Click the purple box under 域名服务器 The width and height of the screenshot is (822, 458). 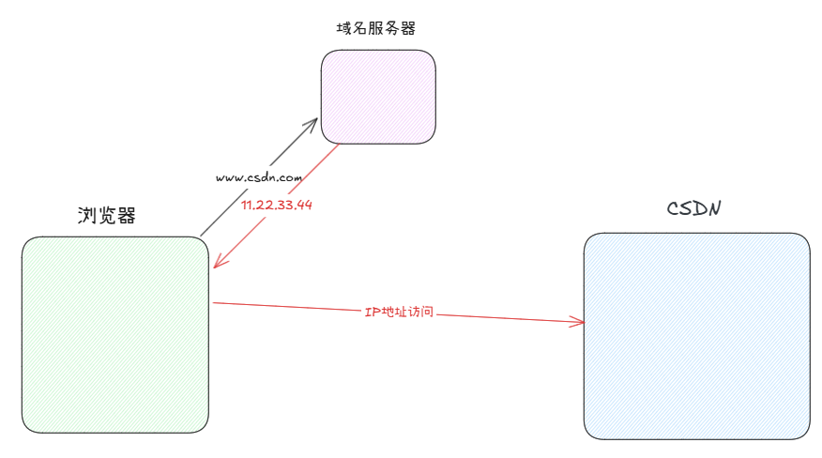pyautogui.click(x=378, y=97)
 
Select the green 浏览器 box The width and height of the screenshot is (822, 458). pyautogui.click(x=114, y=334)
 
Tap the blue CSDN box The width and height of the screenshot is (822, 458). pyautogui.click(x=696, y=335)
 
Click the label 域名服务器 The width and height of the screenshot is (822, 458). pyautogui.click(x=375, y=28)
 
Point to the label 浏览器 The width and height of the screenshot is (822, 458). pyautogui.click(x=106, y=216)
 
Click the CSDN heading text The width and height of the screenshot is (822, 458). pyautogui.click(x=693, y=207)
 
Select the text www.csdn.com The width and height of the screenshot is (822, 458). pyautogui.click(x=258, y=176)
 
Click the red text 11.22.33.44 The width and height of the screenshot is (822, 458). pyautogui.click(x=277, y=205)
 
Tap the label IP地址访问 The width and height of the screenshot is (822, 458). pyautogui.click(x=399, y=311)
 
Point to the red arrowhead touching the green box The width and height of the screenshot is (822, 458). pyautogui.click(x=217, y=264)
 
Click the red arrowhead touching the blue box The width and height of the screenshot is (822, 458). pyautogui.click(x=578, y=322)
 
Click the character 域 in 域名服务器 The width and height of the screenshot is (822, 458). pyautogui.click(x=343, y=28)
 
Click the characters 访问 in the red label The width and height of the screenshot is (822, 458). pyautogui.click(x=419, y=311)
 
